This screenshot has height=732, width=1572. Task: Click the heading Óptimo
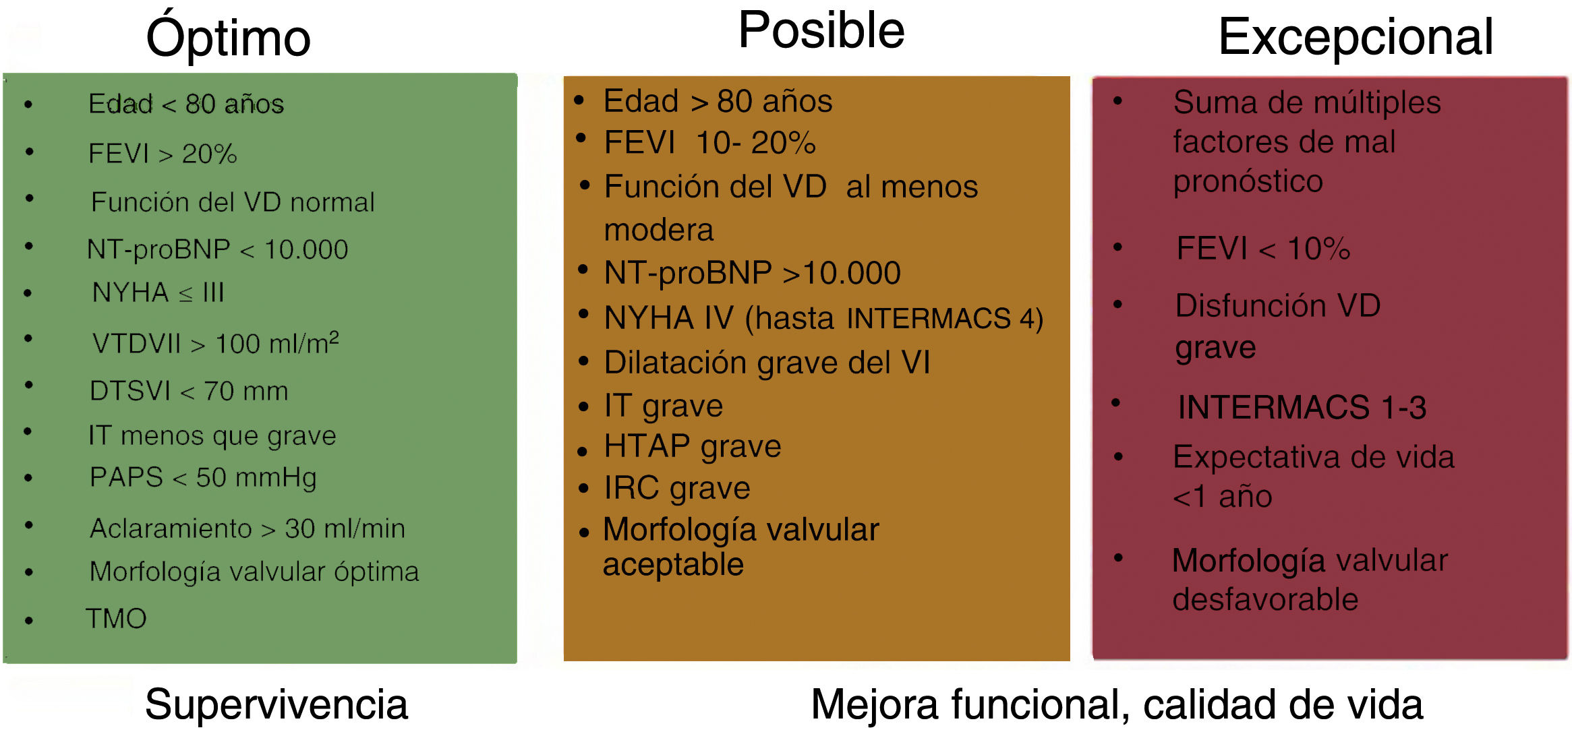point(228,38)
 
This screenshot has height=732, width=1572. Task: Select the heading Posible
point(821,30)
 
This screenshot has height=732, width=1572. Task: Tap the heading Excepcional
point(1356,37)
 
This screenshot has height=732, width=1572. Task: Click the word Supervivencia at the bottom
point(276,704)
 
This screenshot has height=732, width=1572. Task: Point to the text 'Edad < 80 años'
point(186,104)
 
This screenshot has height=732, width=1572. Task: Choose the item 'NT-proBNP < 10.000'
point(217,249)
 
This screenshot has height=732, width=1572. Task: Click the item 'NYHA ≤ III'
point(158,293)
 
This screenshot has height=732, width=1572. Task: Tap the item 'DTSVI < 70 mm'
point(189,391)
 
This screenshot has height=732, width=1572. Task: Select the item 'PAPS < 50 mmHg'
point(203,477)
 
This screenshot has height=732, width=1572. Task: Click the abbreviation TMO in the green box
point(116,619)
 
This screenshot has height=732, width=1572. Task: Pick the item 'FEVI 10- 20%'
point(709,143)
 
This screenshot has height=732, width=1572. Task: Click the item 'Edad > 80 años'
point(718,102)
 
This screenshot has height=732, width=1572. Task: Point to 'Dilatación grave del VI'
point(767,363)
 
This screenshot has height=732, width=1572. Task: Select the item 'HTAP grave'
point(693,446)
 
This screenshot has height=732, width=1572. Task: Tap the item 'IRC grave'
point(677,488)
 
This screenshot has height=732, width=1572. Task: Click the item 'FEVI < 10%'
point(1263,249)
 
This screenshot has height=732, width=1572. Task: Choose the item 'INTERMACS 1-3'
point(1302,407)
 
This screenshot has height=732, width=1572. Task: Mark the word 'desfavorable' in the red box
point(1265,600)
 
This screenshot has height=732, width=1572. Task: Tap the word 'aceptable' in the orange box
point(673,564)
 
